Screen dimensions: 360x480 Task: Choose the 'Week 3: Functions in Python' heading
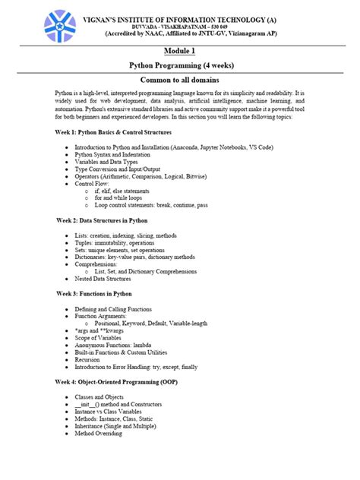coord(93,292)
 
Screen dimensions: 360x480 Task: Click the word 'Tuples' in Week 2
coord(84,242)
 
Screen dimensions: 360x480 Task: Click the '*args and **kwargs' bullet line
coord(103,330)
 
